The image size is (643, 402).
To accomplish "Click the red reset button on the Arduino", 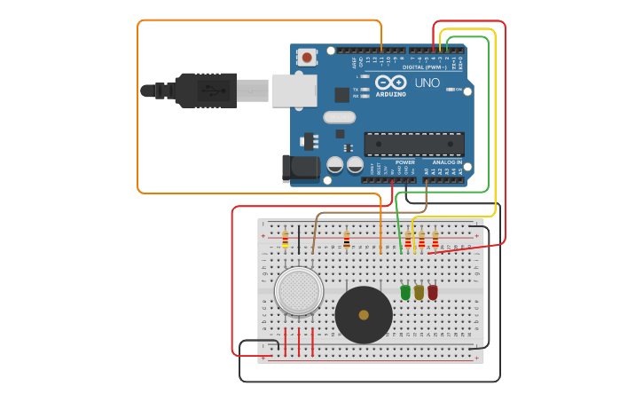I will pos(307,57).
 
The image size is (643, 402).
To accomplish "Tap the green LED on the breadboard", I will pos(405,292).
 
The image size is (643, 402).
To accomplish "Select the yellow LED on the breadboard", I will pos(419,292).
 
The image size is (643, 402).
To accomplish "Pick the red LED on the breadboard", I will pos(433,292).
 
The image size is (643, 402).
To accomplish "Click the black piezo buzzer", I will pos(364,314).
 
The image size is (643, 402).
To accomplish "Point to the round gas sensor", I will pos(298,291).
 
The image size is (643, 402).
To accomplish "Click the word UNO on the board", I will pos(427,83).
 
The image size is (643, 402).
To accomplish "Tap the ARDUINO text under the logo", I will pos(390,94).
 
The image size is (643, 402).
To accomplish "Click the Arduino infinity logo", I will pos(390,82).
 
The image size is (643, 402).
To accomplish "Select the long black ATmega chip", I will pos(414,144).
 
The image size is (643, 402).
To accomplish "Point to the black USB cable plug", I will pos(206,91).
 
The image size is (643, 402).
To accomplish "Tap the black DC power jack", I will pos(299,169).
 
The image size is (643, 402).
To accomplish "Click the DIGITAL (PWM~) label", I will pos(424,67).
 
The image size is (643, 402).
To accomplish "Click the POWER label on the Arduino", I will pos(405,162).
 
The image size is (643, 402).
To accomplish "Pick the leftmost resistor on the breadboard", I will pos(285,240).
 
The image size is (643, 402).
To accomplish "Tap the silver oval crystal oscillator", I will pos(339,117).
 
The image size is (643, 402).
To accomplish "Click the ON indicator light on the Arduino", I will pos(451,90).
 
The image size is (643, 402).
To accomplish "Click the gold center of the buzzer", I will pos(364,314).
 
